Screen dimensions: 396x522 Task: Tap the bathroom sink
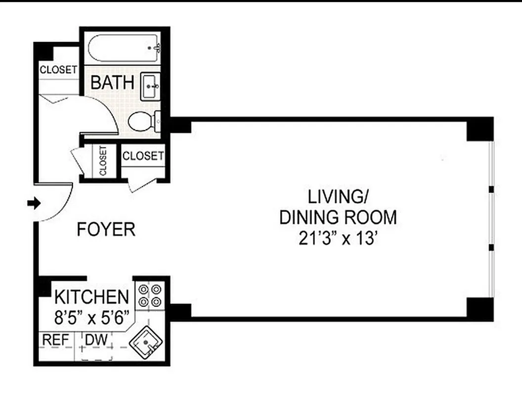[151, 87]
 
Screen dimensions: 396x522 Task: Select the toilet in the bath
[142, 121]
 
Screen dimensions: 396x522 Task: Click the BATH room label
[112, 83]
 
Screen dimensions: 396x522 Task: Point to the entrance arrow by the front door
[34, 202]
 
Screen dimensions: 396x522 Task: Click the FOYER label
[106, 230]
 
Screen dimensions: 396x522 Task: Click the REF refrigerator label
[55, 340]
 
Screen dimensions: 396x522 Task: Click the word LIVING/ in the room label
[338, 197]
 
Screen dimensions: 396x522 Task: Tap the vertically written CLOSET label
[103, 161]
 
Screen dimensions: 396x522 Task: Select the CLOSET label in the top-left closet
[58, 70]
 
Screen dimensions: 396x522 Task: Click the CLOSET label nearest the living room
[143, 156]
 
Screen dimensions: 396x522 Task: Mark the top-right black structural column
[480, 129]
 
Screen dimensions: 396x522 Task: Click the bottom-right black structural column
[480, 309]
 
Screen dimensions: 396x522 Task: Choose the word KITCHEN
[91, 297]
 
